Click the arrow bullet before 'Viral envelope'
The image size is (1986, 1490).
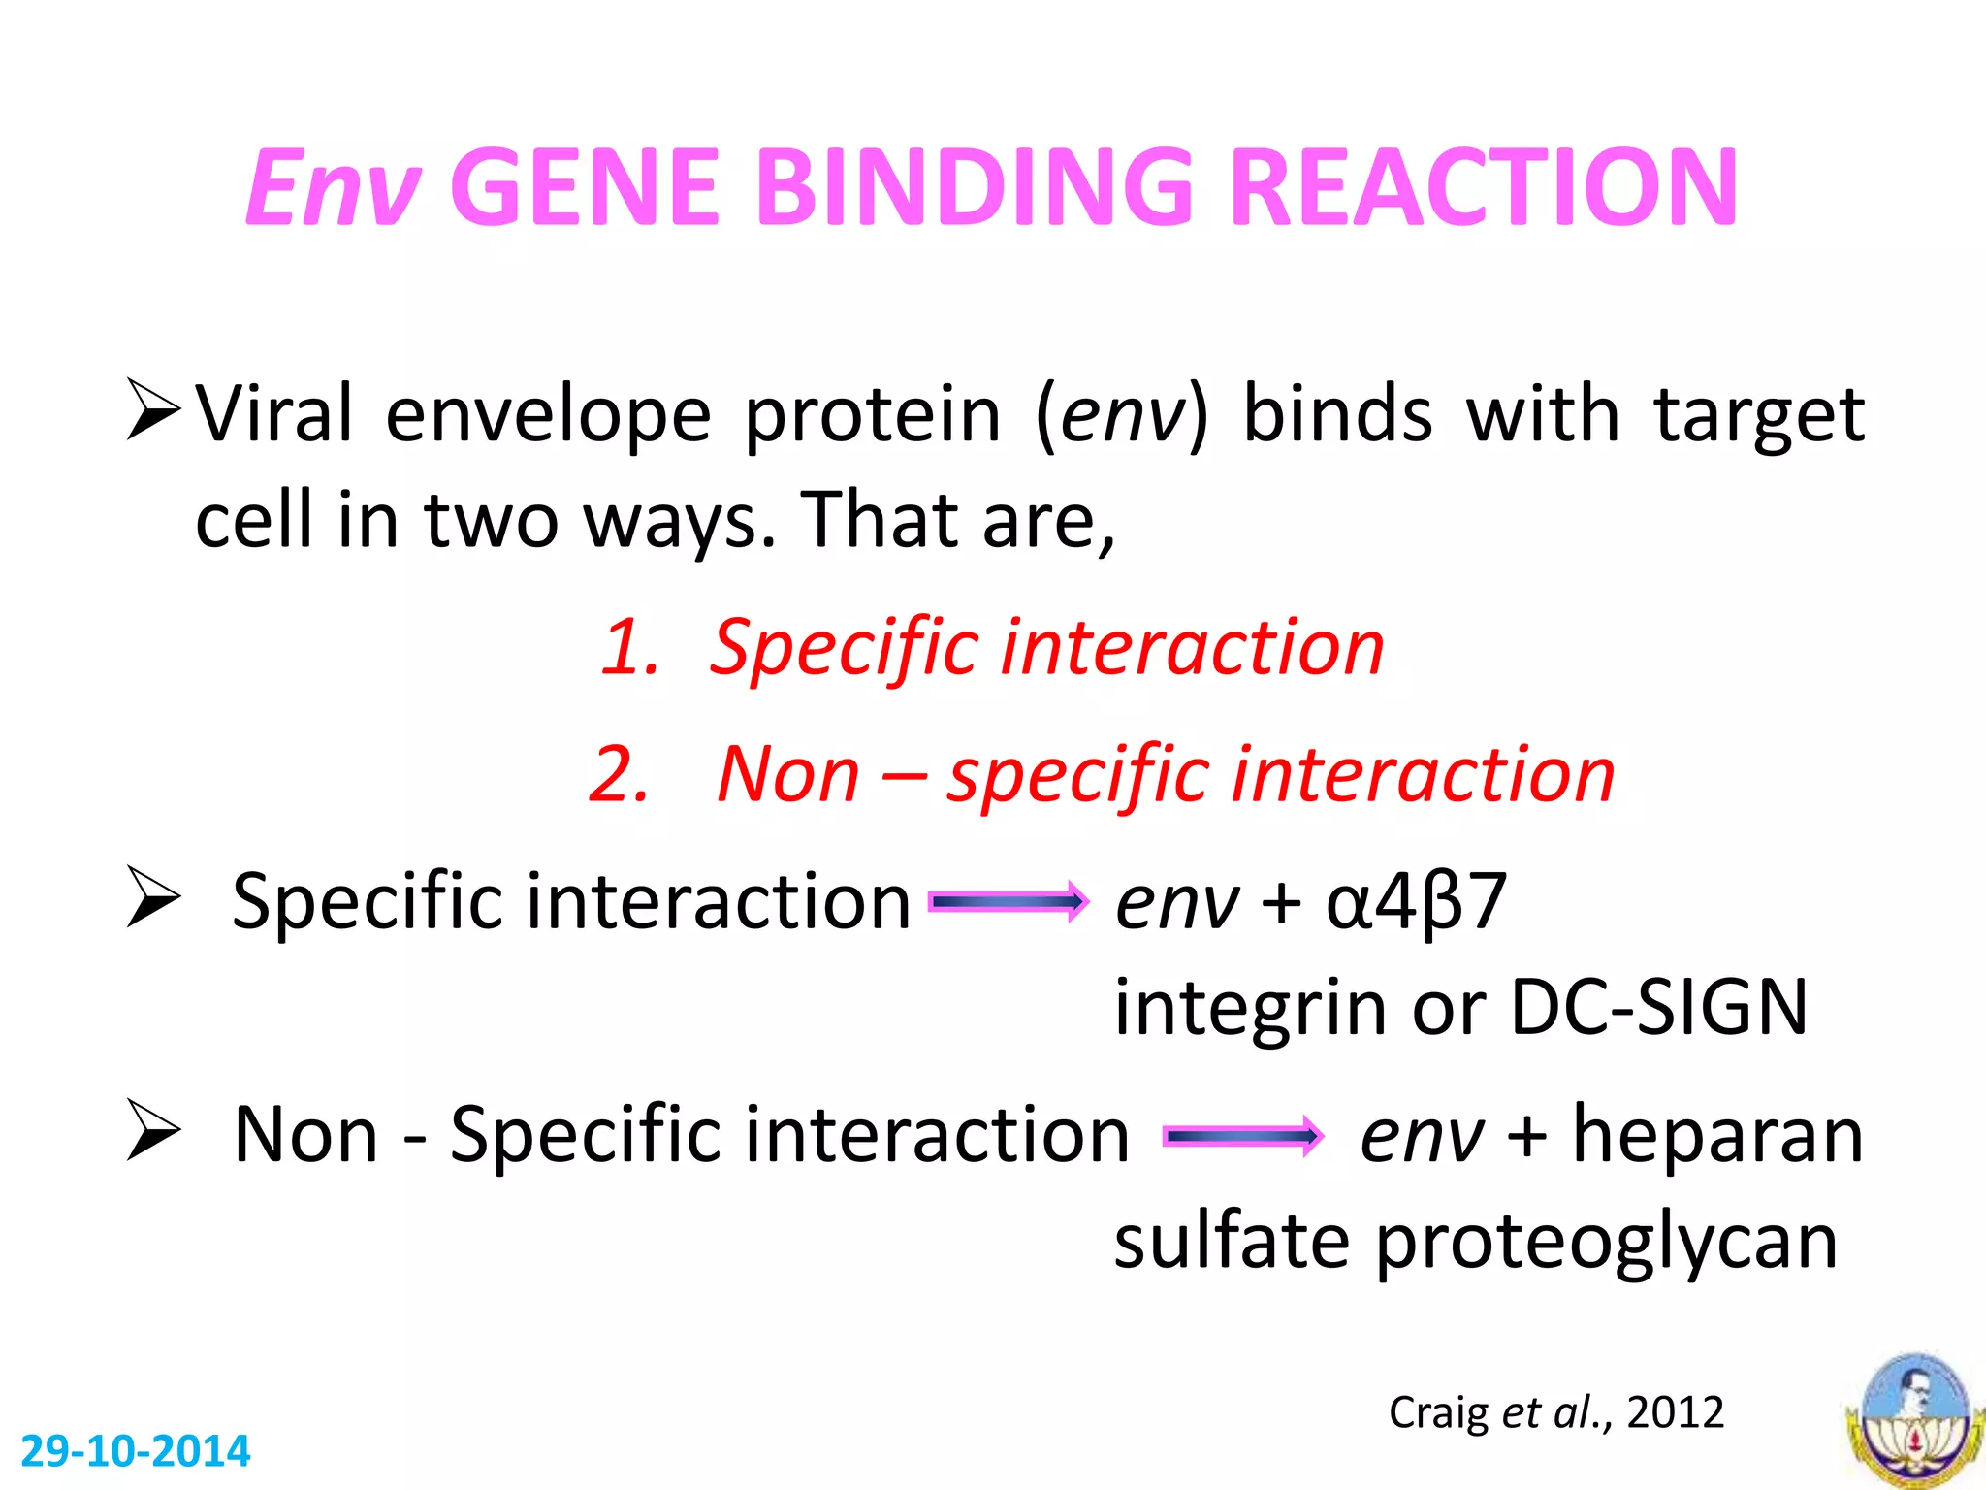coord(153,411)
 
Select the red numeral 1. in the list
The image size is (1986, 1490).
coord(629,647)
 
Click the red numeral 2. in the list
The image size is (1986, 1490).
coord(619,774)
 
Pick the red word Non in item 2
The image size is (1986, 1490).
coord(787,774)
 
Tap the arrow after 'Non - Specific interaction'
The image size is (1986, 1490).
coord(1243,1136)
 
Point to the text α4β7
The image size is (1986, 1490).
coord(1416,902)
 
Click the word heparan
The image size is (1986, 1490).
coord(1717,1134)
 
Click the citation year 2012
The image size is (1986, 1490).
coord(1675,1412)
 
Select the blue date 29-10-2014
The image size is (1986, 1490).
coord(135,1451)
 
